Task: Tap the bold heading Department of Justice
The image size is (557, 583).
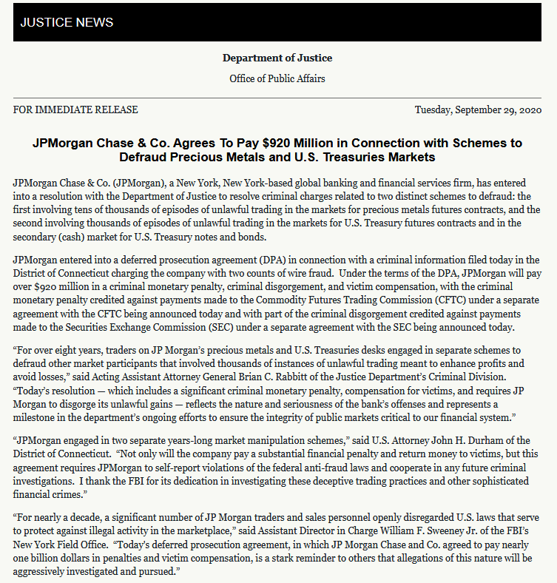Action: click(x=277, y=58)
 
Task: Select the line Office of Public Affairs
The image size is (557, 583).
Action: click(x=277, y=78)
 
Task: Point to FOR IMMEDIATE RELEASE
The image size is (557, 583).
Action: click(x=75, y=109)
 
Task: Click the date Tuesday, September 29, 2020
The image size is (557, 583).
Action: click(x=479, y=109)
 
